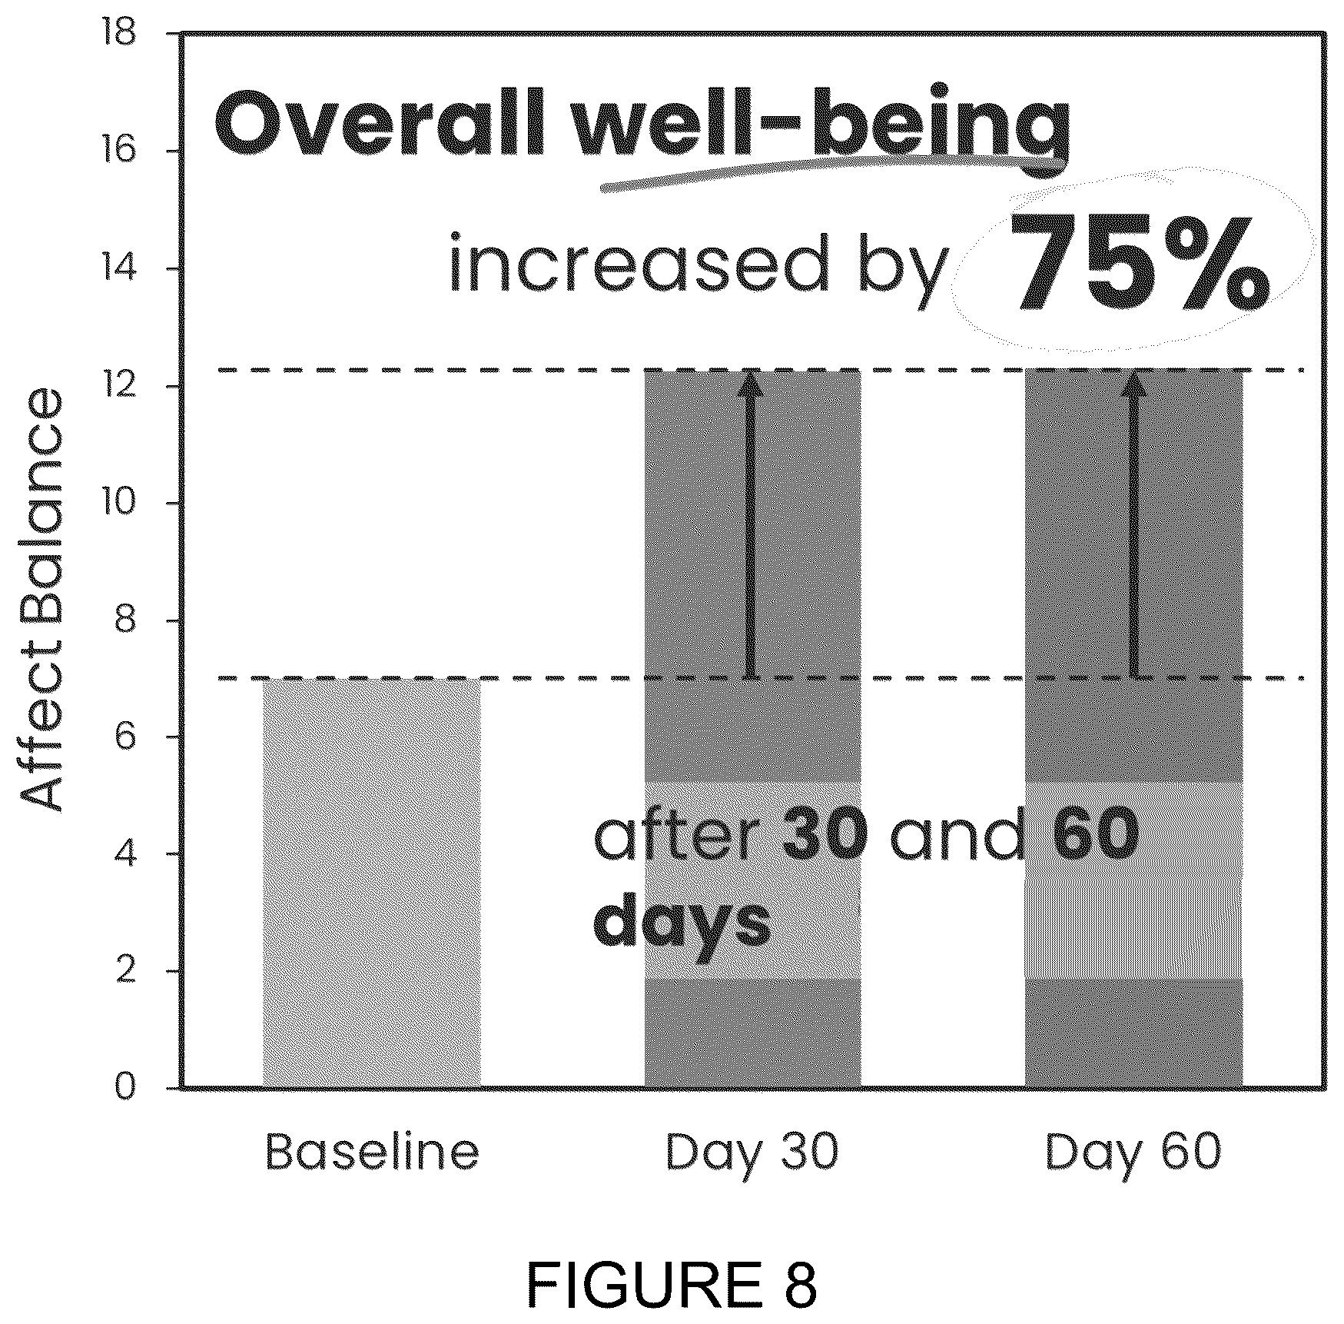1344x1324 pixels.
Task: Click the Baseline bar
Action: pos(372,883)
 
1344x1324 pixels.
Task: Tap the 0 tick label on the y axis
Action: pos(125,1089)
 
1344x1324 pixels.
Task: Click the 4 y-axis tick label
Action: pos(125,854)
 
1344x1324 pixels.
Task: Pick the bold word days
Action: pos(682,923)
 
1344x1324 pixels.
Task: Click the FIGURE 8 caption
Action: pos(672,1284)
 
